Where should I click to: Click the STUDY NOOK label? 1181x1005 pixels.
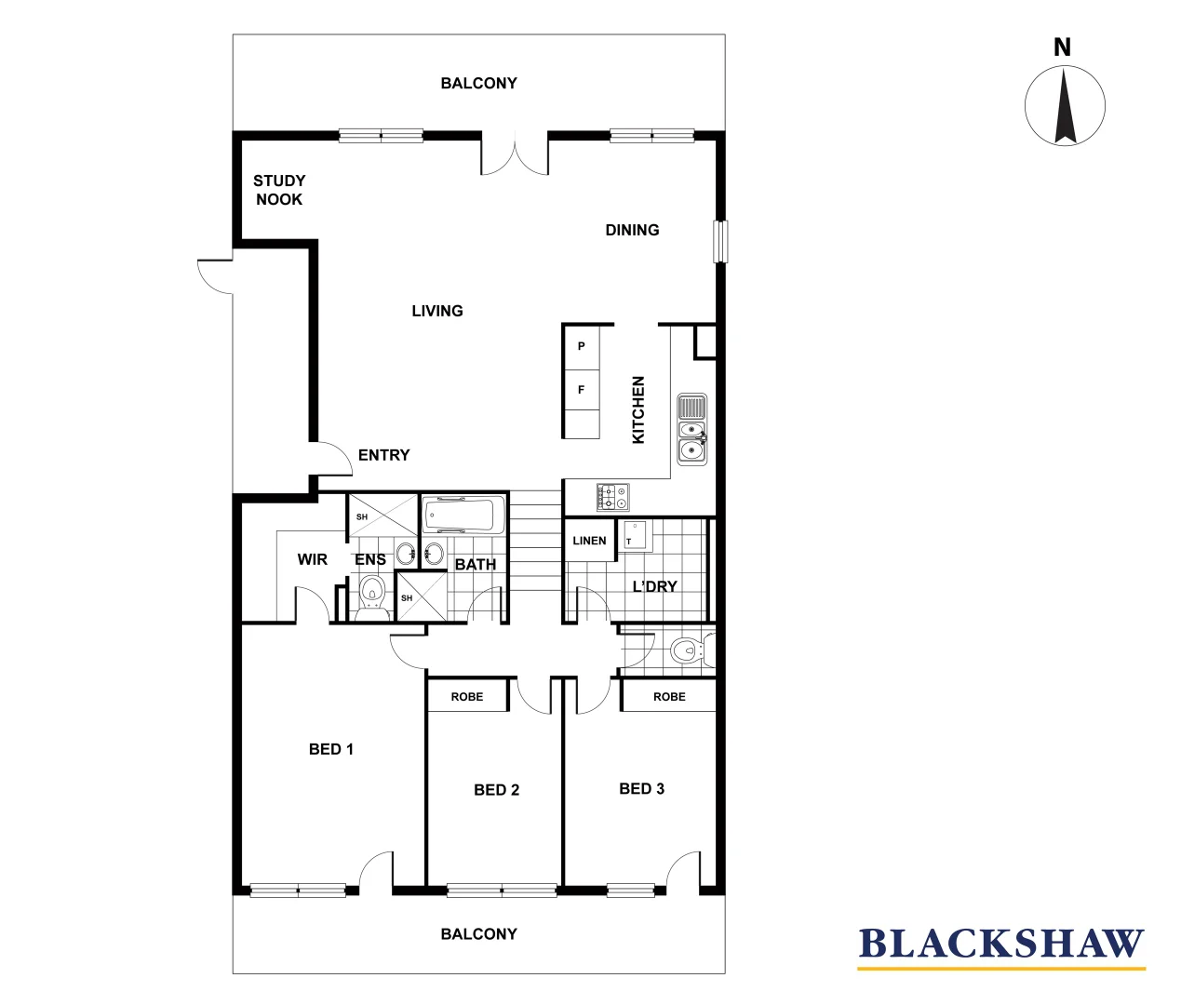coord(279,190)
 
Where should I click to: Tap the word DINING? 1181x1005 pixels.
coord(632,230)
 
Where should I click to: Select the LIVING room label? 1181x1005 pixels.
coord(437,311)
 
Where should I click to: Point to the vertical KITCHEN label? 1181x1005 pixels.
coord(638,409)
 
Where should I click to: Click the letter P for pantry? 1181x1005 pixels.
coord(582,346)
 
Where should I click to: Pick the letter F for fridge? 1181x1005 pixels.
coord(582,390)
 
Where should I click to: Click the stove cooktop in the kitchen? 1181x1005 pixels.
coord(612,497)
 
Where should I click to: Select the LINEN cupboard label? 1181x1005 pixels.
coord(589,541)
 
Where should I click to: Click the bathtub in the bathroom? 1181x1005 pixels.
coord(463,515)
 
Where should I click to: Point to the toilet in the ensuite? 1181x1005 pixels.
coord(372,591)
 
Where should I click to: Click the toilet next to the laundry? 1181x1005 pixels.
coord(689,650)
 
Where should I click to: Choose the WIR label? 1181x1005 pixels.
coord(313,559)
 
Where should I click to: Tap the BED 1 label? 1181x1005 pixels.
coord(330,749)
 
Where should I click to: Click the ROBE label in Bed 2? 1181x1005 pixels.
coord(467,697)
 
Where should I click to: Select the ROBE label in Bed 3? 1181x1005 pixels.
coord(669,697)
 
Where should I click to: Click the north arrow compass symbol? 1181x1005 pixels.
coord(1065,104)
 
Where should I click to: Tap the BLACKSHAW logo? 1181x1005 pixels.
coord(1000,945)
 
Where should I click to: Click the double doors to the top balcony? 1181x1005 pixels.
coord(515,154)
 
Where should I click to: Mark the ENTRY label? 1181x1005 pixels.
coord(383,455)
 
